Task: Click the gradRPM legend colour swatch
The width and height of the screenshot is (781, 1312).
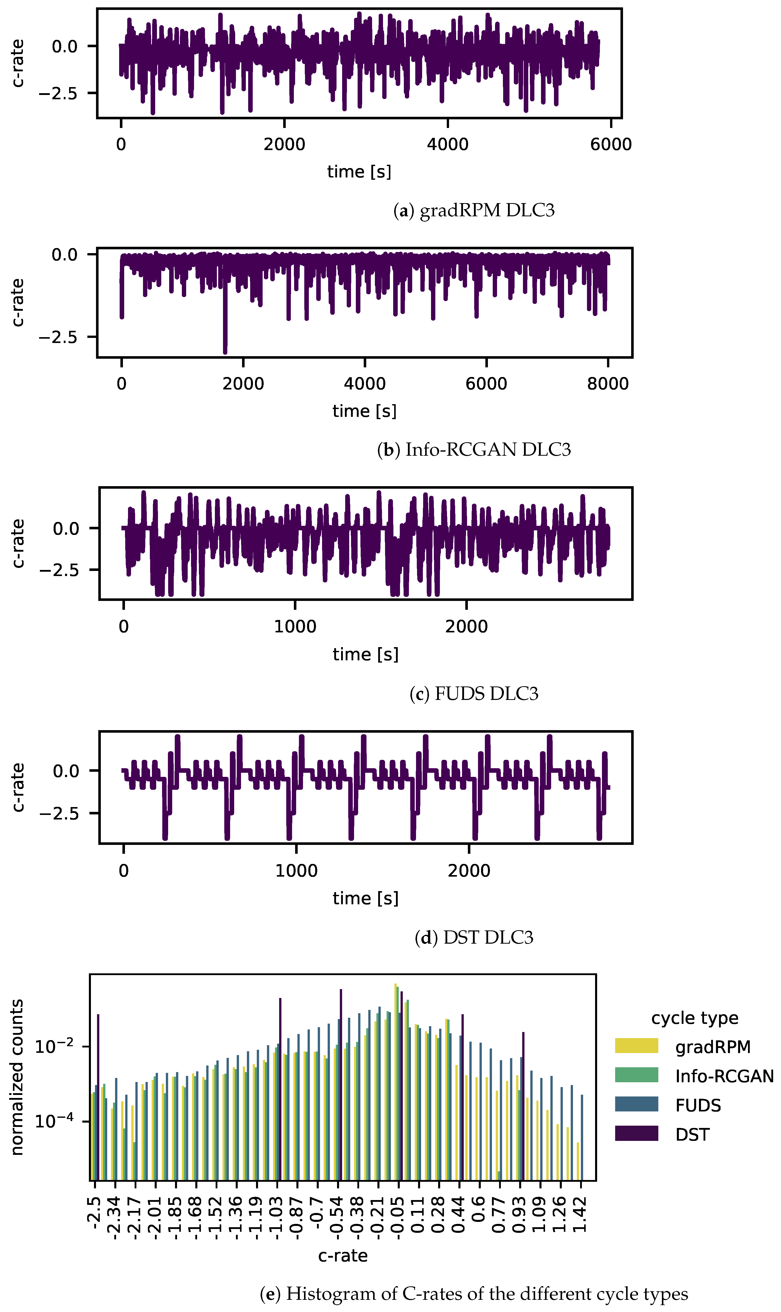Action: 636,1046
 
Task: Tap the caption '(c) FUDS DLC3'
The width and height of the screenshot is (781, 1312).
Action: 474,694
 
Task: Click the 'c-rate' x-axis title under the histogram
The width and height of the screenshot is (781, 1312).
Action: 343,1256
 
